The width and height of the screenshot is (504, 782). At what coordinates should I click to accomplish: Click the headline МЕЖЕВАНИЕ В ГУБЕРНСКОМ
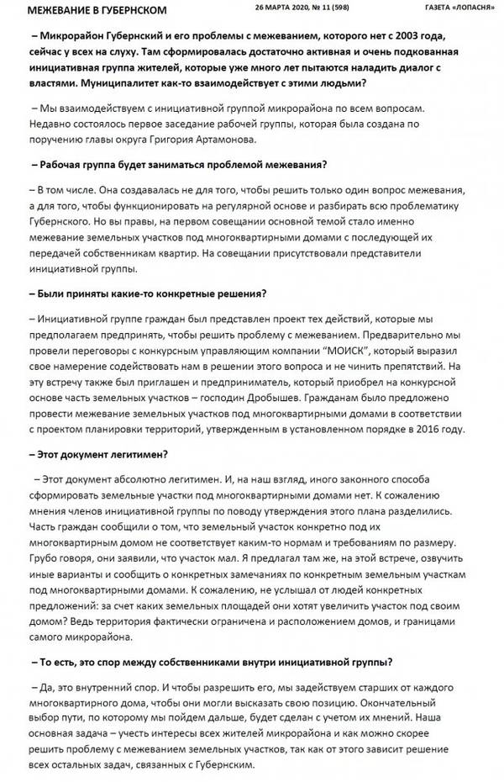click(97, 10)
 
